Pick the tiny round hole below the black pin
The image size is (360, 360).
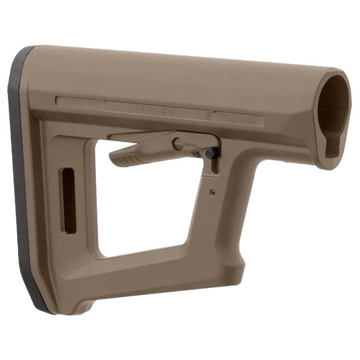tap(213, 191)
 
